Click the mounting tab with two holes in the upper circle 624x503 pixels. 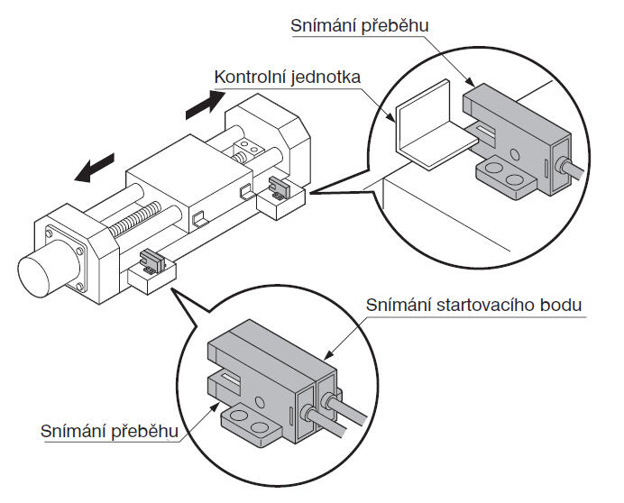pos(504,178)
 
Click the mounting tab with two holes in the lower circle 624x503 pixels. pos(251,421)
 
